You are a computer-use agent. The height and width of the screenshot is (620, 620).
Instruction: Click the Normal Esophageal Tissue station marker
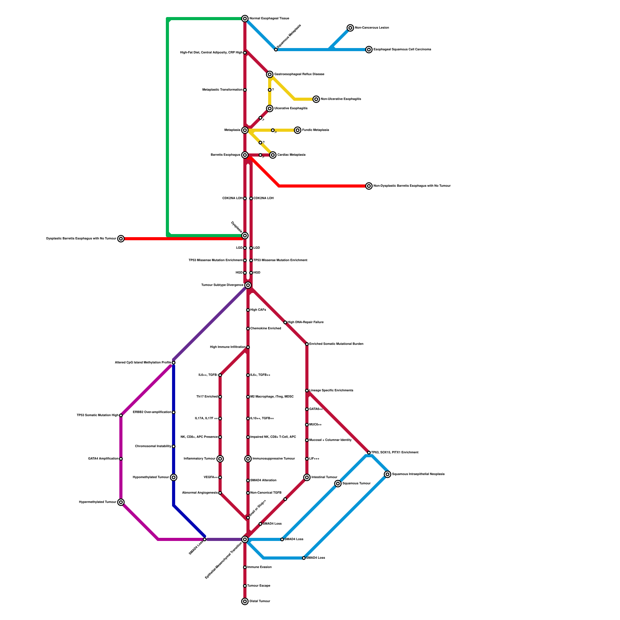tap(245, 19)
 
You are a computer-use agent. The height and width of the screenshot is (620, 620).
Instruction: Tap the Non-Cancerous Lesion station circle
tap(350, 28)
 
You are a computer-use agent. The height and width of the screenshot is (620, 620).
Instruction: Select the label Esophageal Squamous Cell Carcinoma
tap(402, 50)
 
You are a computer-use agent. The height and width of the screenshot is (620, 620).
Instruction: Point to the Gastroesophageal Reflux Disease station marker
tap(270, 74)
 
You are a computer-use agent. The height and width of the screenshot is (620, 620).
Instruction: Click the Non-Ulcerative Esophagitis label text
tap(341, 99)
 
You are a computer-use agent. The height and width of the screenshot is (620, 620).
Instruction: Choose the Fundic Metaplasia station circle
tap(298, 130)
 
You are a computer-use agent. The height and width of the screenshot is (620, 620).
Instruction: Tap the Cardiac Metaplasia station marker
tap(273, 155)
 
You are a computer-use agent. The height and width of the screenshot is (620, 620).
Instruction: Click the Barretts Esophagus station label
tap(225, 155)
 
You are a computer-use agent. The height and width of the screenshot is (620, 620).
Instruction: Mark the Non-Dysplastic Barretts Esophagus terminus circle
tap(369, 186)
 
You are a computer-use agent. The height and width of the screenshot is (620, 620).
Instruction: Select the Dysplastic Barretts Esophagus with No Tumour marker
tap(121, 239)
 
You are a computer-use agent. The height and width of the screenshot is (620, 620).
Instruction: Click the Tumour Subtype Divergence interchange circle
tap(248, 285)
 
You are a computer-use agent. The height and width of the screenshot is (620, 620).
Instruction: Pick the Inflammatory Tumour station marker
tap(220, 459)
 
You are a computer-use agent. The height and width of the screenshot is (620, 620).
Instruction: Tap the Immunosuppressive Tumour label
tap(274, 459)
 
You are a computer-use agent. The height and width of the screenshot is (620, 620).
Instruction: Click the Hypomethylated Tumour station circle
tap(174, 477)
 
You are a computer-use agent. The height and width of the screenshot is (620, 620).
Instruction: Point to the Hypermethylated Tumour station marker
tap(121, 502)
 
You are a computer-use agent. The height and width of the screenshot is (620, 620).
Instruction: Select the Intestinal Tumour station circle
tap(307, 477)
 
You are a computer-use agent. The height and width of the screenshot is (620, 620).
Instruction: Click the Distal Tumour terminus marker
tap(245, 601)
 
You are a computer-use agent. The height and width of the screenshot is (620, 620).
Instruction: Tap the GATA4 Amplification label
tap(103, 459)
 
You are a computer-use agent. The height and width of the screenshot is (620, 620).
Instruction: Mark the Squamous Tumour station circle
tap(338, 484)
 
